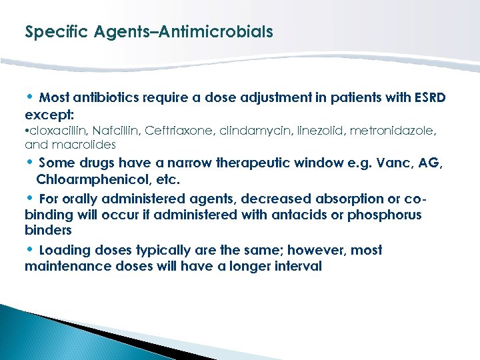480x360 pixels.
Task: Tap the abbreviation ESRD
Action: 429,98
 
